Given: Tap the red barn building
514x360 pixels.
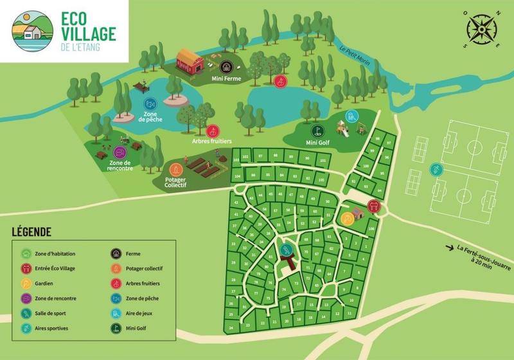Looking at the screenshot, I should point(190,62).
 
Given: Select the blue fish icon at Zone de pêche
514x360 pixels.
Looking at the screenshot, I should point(150,104).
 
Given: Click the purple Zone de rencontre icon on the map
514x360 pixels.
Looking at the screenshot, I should point(120,152).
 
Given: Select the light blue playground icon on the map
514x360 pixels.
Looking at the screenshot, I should point(350,116).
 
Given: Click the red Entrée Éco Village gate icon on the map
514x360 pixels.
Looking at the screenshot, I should point(373,206).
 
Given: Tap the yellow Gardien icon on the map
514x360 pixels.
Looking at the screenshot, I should point(347,217).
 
